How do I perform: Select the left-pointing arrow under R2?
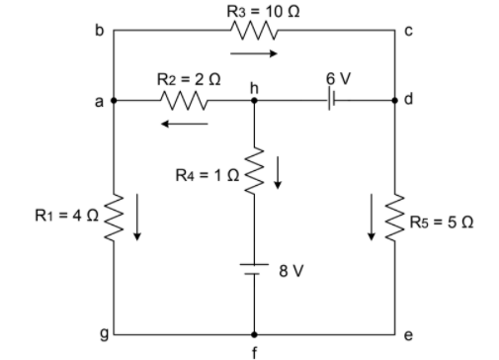(185, 124)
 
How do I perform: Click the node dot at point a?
(114, 100)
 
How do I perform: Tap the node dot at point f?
(254, 335)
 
